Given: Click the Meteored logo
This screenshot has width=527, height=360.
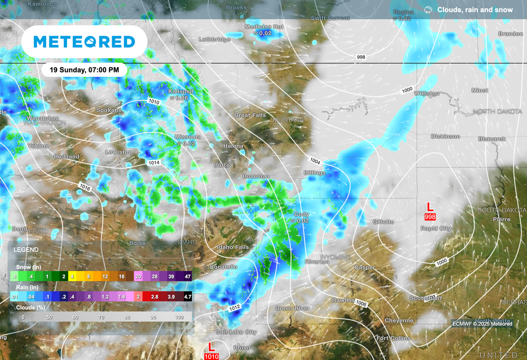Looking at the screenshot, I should click(84, 42).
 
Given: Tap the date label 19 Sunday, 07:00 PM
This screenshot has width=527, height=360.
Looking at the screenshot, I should click(84, 70).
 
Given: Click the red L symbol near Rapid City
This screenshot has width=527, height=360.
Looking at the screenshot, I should click(431, 207).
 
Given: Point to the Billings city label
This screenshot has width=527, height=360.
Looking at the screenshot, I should click(314, 173).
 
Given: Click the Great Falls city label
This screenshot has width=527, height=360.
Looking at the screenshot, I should click(250, 115).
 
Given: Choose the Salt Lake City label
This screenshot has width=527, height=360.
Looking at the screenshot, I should click(236, 332).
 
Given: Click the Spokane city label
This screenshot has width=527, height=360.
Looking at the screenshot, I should click(109, 110).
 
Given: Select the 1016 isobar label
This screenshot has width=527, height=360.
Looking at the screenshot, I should click(85, 188).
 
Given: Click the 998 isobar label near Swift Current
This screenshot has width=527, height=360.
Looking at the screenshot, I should click(361, 57).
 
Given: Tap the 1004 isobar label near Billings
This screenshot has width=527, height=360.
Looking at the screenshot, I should click(315, 162).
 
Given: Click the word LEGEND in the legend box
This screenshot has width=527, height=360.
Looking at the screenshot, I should click(26, 249).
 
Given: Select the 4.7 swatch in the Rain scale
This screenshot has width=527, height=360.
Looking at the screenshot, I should click(187, 297).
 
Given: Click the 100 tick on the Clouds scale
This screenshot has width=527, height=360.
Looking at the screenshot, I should click(179, 317).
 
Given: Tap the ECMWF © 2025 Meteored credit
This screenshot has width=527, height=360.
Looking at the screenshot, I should click(482, 323).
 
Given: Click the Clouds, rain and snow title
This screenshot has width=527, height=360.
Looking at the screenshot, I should click(475, 10).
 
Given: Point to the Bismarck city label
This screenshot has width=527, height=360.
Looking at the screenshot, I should click(492, 139).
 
